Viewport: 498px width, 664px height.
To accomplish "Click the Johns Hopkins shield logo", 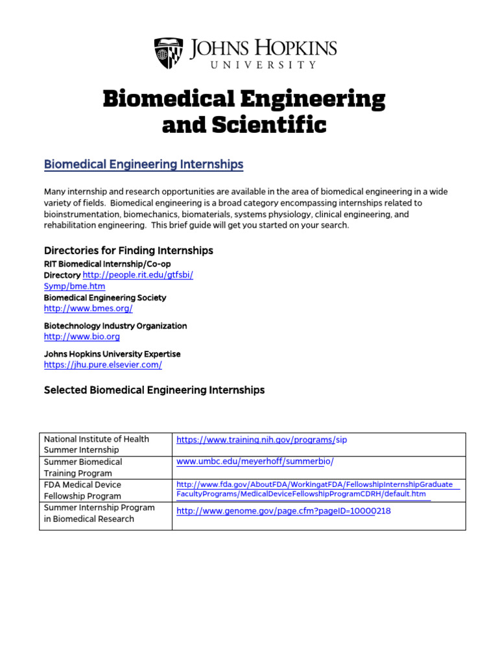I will click(169, 53).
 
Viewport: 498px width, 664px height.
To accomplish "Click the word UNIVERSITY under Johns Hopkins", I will click(263, 65).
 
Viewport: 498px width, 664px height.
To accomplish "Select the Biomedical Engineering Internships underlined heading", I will click(143, 165).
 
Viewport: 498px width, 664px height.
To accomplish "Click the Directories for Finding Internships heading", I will click(128, 250).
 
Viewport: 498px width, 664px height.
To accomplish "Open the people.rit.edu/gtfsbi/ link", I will click(138, 275).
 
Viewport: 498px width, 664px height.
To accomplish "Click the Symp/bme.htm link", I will click(74, 286).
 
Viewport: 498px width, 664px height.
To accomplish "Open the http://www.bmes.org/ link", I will click(88, 309).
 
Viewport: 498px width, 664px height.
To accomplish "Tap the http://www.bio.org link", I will click(82, 337).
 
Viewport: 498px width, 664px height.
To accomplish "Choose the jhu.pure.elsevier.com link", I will click(102, 364).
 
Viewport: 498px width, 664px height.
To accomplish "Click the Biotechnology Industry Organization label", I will click(115, 326).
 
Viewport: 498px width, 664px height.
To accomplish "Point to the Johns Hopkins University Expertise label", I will click(112, 354).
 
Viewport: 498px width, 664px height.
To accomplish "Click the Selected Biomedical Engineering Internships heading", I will click(154, 390).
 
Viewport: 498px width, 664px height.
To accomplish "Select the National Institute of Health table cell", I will click(96, 444).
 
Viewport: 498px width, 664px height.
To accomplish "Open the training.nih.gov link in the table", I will click(262, 440).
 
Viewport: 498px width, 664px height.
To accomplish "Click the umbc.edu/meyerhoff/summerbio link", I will click(255, 462).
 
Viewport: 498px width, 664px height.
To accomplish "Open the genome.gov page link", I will click(283, 511).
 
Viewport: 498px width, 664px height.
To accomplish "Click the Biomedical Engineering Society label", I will click(105, 298).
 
